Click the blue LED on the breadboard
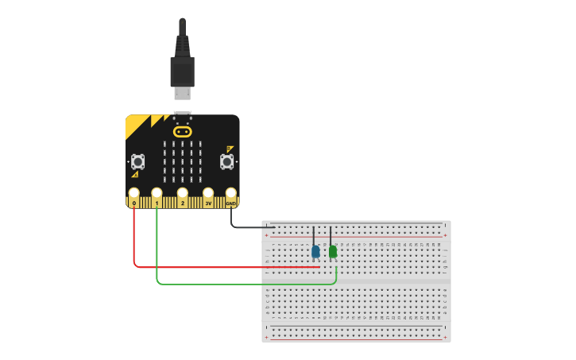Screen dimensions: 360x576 (x=315, y=252)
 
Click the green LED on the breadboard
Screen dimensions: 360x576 (x=333, y=252)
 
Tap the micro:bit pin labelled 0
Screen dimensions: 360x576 (x=133, y=194)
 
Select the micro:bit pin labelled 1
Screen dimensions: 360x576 (x=157, y=194)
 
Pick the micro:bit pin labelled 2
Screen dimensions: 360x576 (x=183, y=194)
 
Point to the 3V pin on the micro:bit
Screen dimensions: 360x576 (x=208, y=194)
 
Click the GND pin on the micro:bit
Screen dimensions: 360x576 (x=231, y=194)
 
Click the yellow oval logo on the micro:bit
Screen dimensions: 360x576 (x=183, y=131)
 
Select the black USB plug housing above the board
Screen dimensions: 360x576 (x=182, y=71)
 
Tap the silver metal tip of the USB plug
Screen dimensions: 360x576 (x=183, y=94)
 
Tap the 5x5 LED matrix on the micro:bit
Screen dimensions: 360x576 (x=182, y=161)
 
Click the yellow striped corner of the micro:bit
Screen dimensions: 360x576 (x=138, y=125)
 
